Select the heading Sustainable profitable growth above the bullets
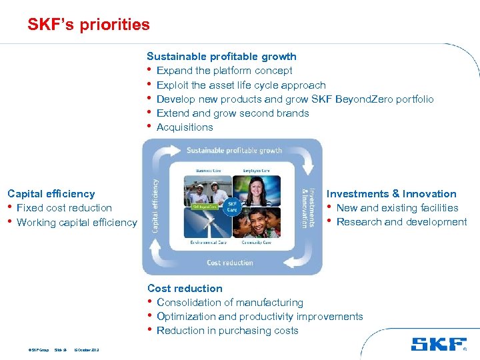pyautogui.click(x=221, y=57)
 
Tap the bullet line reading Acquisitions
pyautogui.click(x=185, y=127)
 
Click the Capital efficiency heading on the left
pyautogui.click(x=51, y=194)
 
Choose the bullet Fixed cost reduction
pyautogui.click(x=64, y=208)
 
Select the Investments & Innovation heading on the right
pyautogui.click(x=391, y=194)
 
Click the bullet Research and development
pyautogui.click(x=401, y=222)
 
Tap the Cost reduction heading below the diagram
pyautogui.click(x=185, y=289)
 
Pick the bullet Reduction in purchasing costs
pyautogui.click(x=227, y=331)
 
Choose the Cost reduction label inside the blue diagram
pyautogui.click(x=230, y=263)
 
